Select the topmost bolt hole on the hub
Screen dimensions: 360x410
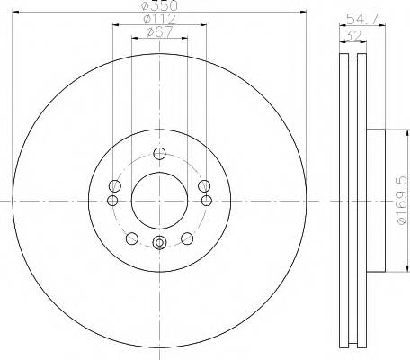point(159,152)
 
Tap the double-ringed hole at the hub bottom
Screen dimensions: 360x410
point(159,242)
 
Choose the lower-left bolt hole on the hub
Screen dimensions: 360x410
point(132,238)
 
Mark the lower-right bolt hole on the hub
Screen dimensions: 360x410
point(187,238)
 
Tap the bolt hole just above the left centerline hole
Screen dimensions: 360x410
point(115,185)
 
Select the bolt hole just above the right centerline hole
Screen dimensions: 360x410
point(203,185)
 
